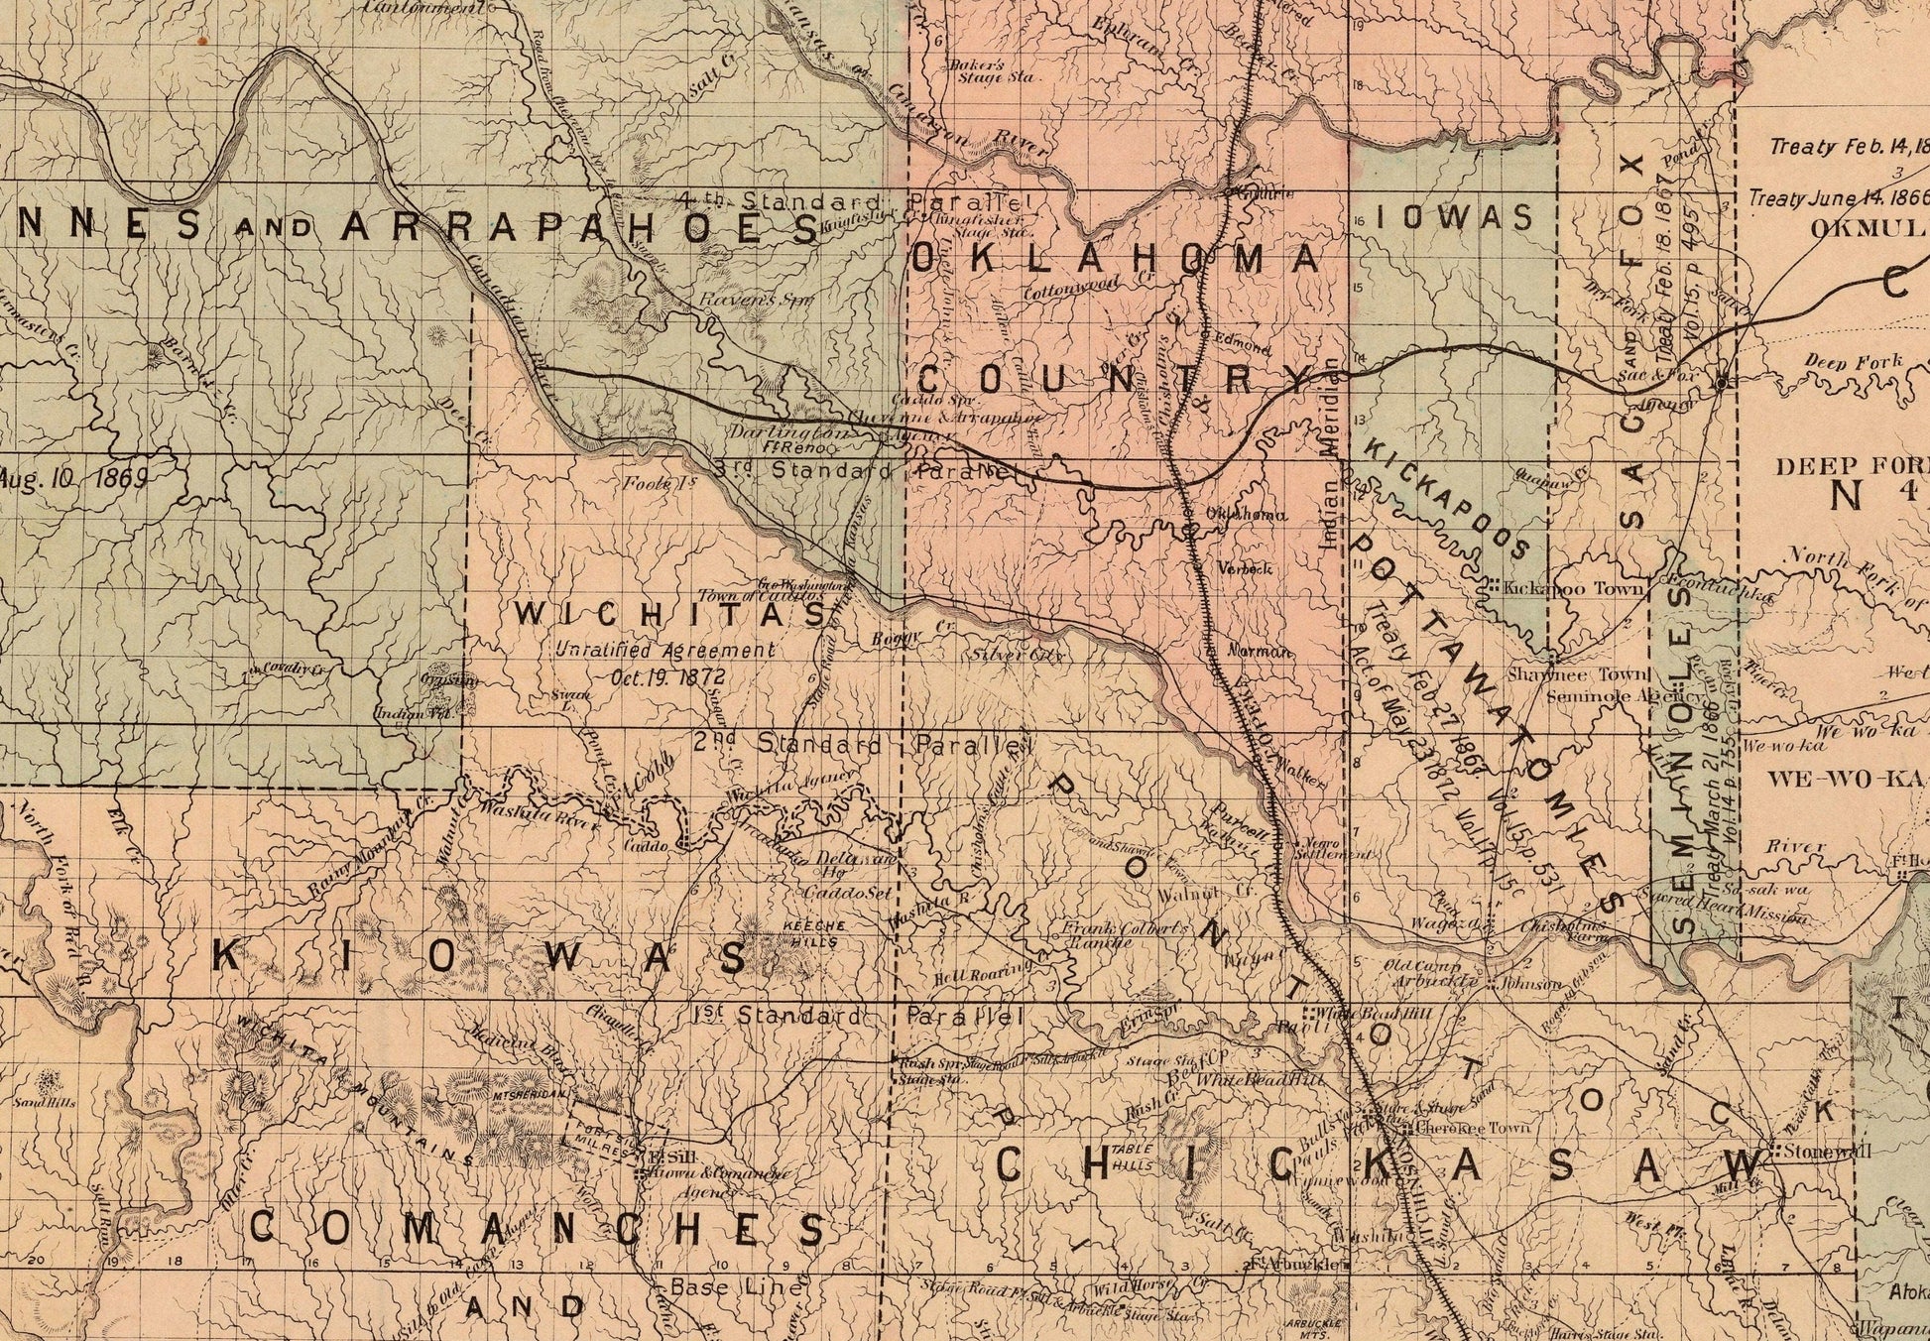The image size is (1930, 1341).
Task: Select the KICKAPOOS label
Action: click(x=1447, y=497)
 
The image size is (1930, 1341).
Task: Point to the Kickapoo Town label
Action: click(x=1573, y=588)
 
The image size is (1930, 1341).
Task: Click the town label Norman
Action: click(x=1261, y=652)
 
